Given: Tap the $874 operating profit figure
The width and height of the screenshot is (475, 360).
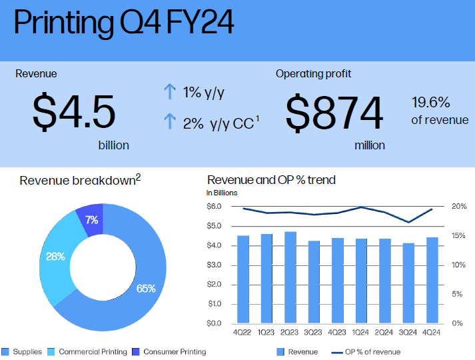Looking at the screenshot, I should point(334,112).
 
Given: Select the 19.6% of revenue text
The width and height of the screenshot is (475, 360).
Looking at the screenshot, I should point(431,111).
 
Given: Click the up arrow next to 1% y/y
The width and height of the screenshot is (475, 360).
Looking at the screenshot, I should point(169,92).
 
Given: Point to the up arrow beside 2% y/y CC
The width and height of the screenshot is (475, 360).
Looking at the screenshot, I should point(169,122).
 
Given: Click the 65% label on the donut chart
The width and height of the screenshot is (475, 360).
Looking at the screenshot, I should point(146,289).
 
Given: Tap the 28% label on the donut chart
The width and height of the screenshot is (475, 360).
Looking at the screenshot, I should point(55,256).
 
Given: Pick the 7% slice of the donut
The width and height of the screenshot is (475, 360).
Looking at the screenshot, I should point(91,219).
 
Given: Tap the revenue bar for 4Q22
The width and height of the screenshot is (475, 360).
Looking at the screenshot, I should point(243,279).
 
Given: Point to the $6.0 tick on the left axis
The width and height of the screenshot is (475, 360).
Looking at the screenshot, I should point(215,207).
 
